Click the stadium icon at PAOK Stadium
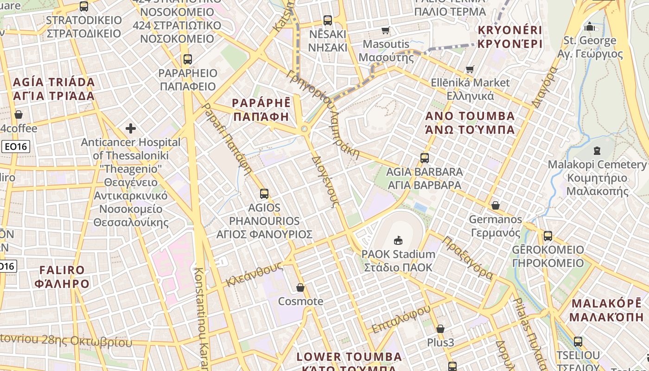pyautogui.click(x=398, y=240)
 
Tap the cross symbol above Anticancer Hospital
pyautogui.click(x=131, y=128)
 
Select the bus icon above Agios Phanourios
pyautogui.click(x=264, y=194)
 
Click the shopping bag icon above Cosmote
pyautogui.click(x=300, y=288)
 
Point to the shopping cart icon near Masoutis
pyautogui.click(x=385, y=31)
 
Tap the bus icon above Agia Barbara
pyautogui.click(x=425, y=158)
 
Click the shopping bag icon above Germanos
pyautogui.click(x=496, y=205)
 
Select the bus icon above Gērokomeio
pyautogui.click(x=548, y=236)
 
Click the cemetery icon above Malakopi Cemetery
pyautogui.click(x=597, y=151)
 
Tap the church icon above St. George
pyautogui.click(x=590, y=26)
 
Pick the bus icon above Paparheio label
pyautogui.click(x=187, y=59)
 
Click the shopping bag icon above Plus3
pyautogui.click(x=440, y=329)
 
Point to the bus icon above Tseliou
pyautogui.click(x=578, y=342)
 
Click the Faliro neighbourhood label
pyautogui.click(x=62, y=276)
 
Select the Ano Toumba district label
pyautogui.click(x=470, y=122)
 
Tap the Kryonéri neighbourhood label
pyautogui.click(x=509, y=38)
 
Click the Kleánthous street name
pyautogui.click(x=255, y=274)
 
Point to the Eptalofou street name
pyautogui.click(x=401, y=319)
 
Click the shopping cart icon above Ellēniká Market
pyautogui.click(x=470, y=70)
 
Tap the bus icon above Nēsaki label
pyautogui.click(x=328, y=20)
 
